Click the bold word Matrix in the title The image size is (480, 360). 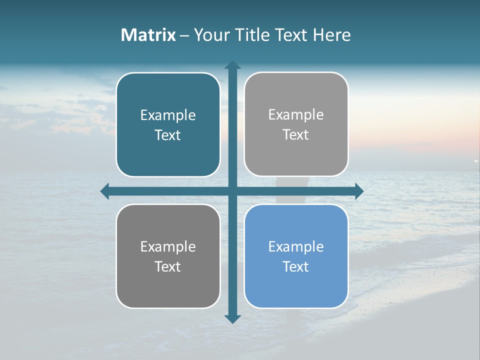[148, 35]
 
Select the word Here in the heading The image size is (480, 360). [331, 35]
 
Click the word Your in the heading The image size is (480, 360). [211, 35]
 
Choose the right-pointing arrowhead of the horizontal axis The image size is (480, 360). [359, 191]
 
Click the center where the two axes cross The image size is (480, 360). [232, 191]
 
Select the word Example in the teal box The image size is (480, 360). [168, 115]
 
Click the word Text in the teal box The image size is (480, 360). [168, 135]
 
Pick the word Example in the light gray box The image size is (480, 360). [296, 115]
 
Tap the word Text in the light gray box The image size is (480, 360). [296, 134]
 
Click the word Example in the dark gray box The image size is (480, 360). [168, 247]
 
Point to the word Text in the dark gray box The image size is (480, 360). [168, 266]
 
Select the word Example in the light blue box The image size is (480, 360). [296, 247]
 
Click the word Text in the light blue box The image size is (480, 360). [296, 266]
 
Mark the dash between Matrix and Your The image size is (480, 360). [184, 35]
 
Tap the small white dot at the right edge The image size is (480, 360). [476, 160]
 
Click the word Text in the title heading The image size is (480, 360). [292, 35]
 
